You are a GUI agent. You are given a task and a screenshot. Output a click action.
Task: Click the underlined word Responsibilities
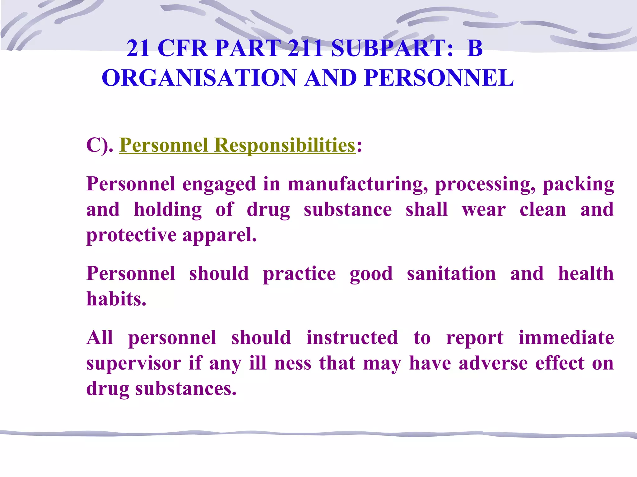[285, 145]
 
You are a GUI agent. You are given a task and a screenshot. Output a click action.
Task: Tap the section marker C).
[100, 145]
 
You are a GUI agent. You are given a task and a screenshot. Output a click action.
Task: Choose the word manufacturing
[358, 184]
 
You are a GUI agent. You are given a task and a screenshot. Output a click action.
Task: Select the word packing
[578, 184]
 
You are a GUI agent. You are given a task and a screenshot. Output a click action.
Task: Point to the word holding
[168, 210]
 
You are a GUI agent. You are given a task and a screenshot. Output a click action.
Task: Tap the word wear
[484, 210]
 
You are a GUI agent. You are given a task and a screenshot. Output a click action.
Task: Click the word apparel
[220, 235]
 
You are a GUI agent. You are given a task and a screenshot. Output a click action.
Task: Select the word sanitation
[451, 274]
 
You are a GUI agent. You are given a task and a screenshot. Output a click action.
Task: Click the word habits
[116, 299]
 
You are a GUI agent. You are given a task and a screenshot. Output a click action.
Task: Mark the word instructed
[352, 338]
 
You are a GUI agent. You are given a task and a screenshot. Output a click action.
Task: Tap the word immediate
[566, 338]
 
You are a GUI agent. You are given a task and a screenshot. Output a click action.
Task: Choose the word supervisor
[134, 363]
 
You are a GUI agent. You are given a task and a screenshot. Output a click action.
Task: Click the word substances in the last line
[186, 388]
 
